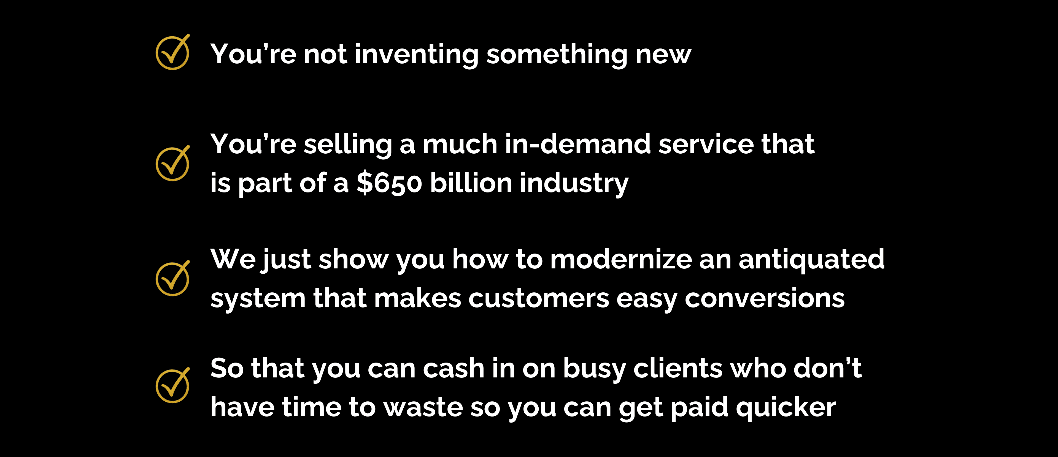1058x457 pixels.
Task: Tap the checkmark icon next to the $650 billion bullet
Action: [x=172, y=164]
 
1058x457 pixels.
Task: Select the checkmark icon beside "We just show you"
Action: [x=172, y=279]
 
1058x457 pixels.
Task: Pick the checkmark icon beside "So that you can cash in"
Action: [x=172, y=386]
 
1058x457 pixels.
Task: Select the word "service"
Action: [x=706, y=145]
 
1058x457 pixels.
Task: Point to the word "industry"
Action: [x=574, y=184]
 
